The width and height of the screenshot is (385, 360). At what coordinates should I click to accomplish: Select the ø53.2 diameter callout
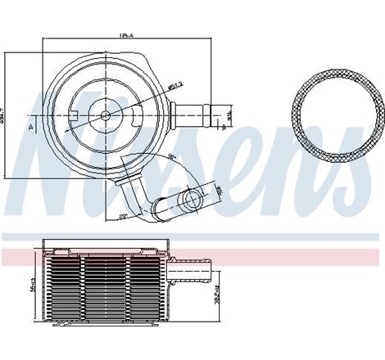coord(174,84)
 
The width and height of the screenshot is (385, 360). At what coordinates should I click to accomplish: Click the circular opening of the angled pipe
coord(192,199)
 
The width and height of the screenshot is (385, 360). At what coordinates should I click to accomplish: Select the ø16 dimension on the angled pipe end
coord(219,190)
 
